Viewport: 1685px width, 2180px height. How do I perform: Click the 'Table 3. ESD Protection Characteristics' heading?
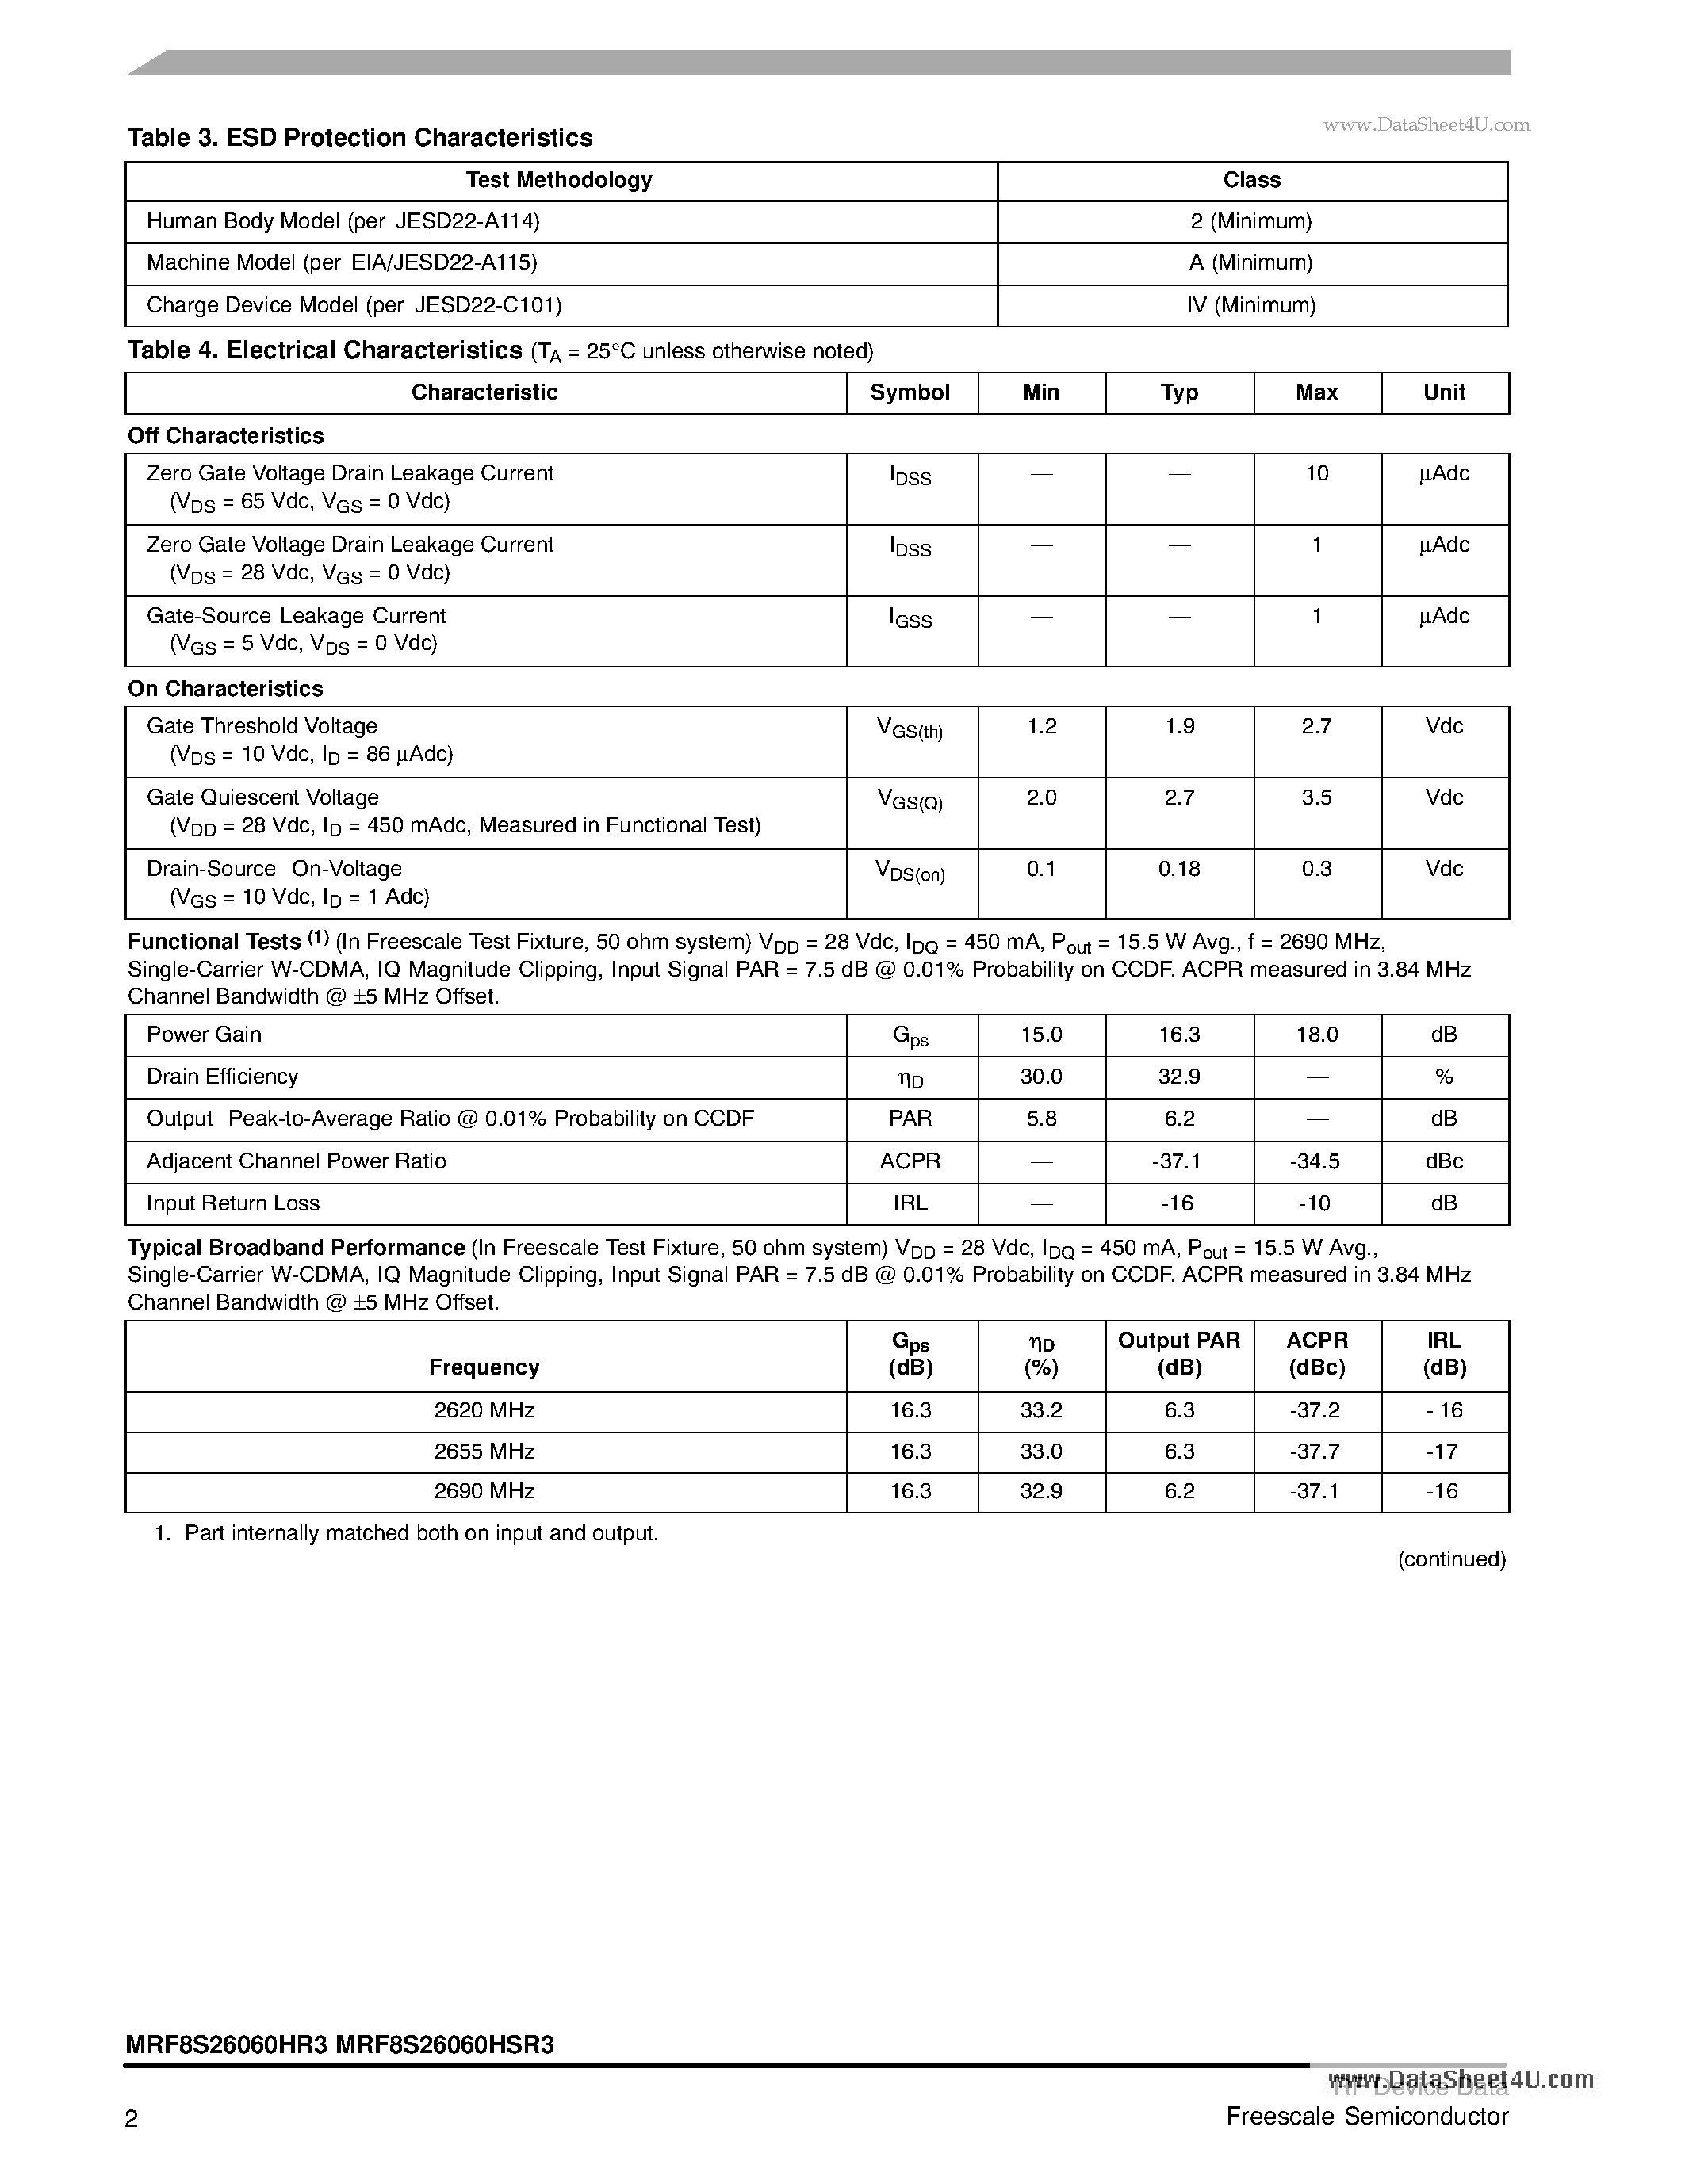point(359,138)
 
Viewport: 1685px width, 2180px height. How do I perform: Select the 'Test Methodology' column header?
point(559,181)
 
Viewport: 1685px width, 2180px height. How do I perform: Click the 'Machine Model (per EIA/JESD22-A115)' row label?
point(342,262)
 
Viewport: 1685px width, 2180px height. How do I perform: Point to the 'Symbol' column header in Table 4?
point(910,392)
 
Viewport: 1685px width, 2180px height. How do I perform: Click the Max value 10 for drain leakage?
point(1316,474)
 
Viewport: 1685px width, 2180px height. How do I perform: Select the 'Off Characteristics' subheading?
point(226,436)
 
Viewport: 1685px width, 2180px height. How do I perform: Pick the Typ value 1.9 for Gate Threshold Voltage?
point(1179,727)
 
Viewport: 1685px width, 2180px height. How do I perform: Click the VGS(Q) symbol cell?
point(910,800)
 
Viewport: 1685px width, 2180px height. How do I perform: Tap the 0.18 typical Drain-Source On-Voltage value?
point(1179,870)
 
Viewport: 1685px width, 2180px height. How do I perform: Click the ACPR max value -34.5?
point(1315,1162)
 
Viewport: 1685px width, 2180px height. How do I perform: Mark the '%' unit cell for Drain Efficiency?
point(1443,1077)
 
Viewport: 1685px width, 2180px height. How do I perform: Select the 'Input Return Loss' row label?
point(232,1204)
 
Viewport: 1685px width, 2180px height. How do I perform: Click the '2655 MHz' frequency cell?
point(484,1451)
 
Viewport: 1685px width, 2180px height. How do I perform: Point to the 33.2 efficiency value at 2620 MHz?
point(1040,1410)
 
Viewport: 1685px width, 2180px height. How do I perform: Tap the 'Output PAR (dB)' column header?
point(1179,1355)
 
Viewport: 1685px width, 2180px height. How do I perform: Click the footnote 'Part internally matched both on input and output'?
point(420,1533)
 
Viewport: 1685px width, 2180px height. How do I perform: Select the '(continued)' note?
point(1450,1559)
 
